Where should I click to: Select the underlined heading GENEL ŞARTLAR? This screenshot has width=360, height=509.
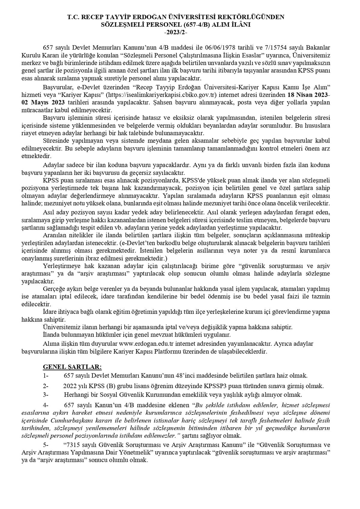[x=72, y=367]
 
